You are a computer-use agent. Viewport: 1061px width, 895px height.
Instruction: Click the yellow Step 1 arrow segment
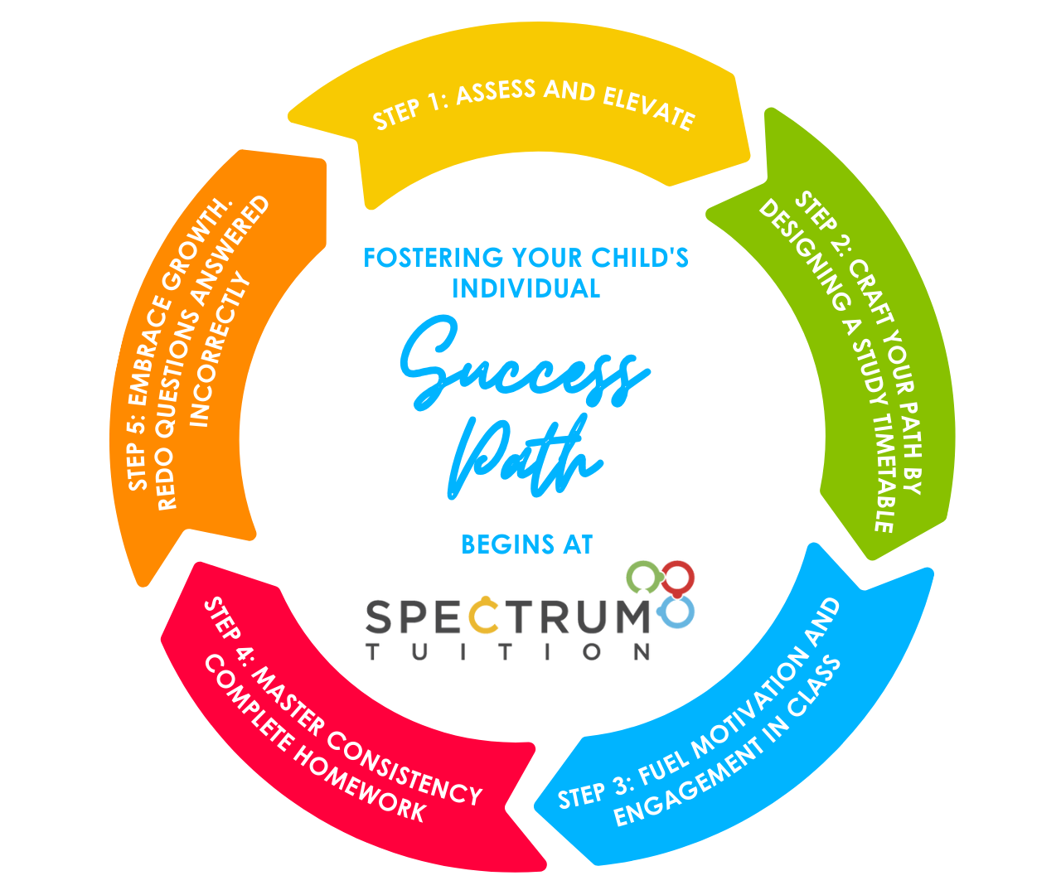[530, 141]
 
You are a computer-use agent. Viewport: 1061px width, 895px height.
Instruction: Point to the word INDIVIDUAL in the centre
[526, 288]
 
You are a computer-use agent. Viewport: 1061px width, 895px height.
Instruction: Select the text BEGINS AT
[526, 544]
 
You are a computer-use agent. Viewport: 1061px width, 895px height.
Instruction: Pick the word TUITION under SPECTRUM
[508, 652]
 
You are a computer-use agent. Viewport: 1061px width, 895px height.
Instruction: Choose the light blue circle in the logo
[677, 612]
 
